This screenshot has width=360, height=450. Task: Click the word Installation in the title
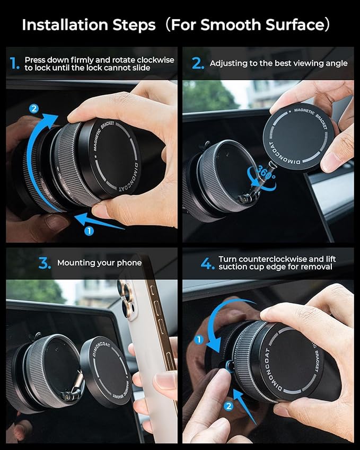[x=62, y=25]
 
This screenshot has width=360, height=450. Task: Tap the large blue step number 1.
[x=14, y=64]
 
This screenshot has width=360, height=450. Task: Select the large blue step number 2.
[x=197, y=64]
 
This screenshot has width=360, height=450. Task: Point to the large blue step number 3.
[x=45, y=263]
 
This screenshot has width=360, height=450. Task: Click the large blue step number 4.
[x=207, y=263]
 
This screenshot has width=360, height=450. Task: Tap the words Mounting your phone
[x=99, y=263]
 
